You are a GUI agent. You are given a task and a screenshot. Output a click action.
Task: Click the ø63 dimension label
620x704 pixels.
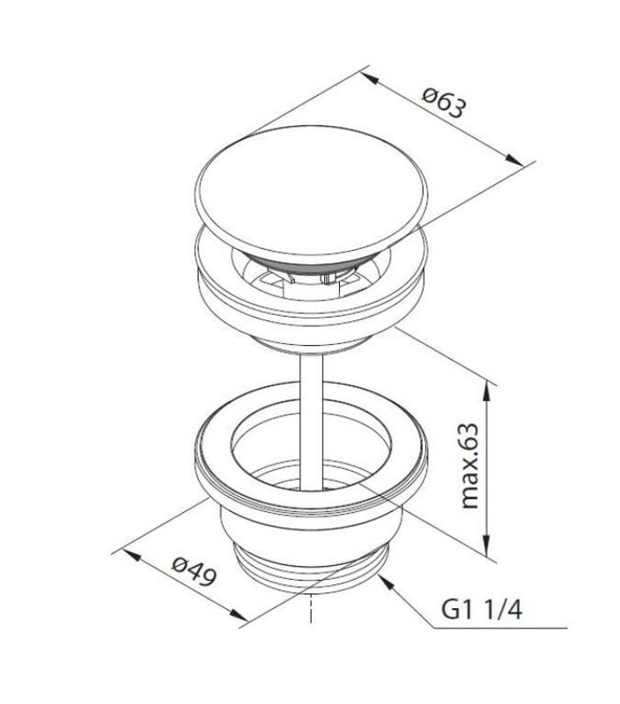coord(444,102)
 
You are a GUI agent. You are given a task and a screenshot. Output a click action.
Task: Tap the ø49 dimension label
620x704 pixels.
coord(194,570)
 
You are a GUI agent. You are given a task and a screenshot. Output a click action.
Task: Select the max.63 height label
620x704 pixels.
coord(470,466)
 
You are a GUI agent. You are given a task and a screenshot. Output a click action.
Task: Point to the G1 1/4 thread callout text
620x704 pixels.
coord(482,610)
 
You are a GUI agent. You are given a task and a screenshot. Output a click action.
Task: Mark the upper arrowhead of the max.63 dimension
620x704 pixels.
coord(486,392)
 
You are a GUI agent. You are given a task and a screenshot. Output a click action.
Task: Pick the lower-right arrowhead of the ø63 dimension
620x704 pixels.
coord(515,160)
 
